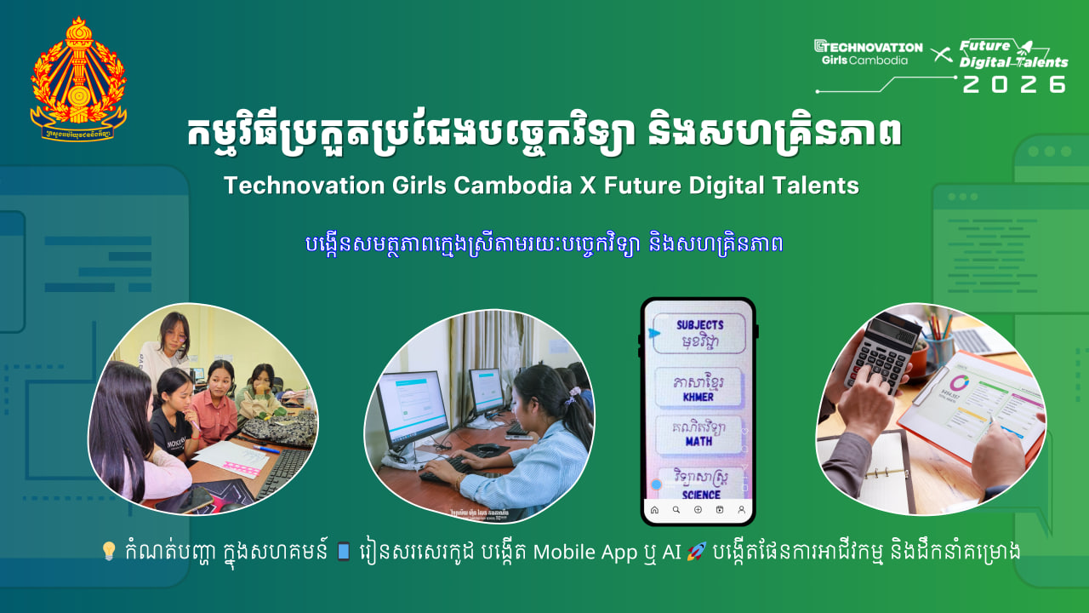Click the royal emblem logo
(78, 78)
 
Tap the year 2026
(1014, 84)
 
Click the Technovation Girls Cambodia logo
(868, 53)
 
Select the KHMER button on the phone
(698, 387)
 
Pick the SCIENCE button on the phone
(700, 484)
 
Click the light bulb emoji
(108, 551)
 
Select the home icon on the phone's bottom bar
(654, 510)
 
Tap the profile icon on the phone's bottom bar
(742, 510)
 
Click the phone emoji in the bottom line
(344, 551)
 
